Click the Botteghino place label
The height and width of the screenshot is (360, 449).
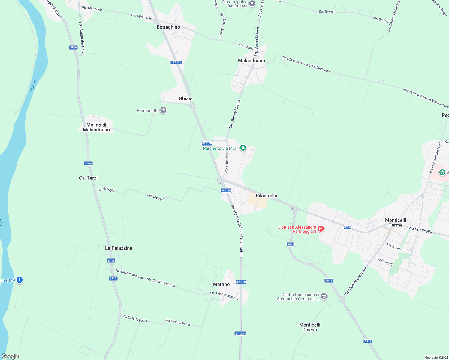click(168, 27)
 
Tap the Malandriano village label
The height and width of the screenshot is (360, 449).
click(252, 61)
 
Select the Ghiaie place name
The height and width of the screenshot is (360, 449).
click(185, 98)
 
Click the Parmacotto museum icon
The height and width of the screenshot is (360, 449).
click(163, 110)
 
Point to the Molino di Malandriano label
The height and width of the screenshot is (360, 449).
click(96, 127)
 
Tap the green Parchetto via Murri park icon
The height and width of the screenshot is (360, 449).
click(243, 148)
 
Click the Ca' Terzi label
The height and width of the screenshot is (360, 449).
click(88, 178)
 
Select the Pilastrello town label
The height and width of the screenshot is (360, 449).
click(267, 196)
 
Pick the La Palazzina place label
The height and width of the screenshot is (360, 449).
click(119, 248)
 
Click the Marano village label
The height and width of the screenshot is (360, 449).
click(221, 284)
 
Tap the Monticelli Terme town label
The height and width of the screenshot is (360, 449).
click(396, 223)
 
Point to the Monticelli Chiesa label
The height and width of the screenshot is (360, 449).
click(310, 327)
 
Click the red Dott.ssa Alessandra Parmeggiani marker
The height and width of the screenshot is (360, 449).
click(321, 229)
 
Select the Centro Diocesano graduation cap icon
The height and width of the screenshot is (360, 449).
click(324, 297)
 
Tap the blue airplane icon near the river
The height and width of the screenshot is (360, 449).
click(20, 280)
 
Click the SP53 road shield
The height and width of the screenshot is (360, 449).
click(347, 227)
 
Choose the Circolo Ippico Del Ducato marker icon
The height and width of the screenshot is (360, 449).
click(252, 4)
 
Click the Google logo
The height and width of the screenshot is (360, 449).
click(10, 356)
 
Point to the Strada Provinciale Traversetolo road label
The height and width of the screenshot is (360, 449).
click(237, 231)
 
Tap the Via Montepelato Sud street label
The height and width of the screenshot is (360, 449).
click(356, 281)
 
